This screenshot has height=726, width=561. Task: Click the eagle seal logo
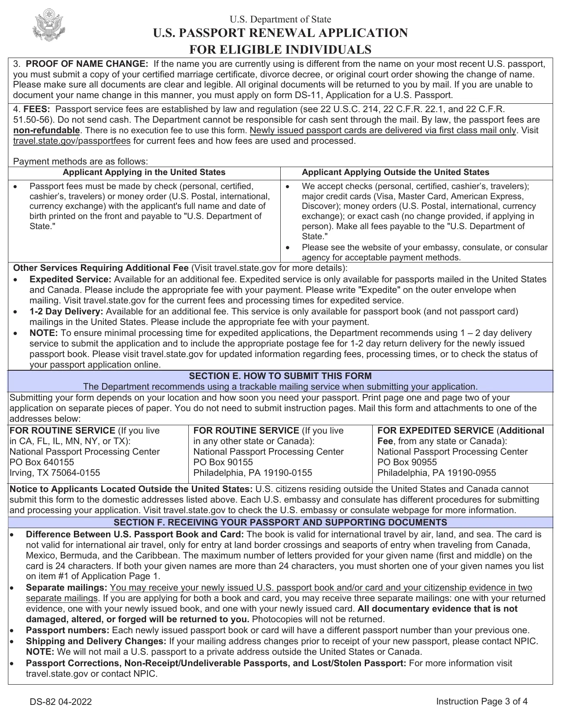[48, 25]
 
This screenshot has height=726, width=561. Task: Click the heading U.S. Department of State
[280, 19]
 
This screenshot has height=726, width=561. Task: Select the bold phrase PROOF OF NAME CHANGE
[87, 64]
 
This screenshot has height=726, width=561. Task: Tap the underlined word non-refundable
[47, 130]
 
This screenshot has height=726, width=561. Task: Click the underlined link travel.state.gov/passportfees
[72, 141]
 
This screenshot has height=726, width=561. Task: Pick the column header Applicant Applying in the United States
[144, 172]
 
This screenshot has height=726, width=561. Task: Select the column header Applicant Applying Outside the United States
[395, 172]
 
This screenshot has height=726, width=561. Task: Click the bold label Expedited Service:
[70, 279]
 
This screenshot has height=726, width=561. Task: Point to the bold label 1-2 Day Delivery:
[66, 311]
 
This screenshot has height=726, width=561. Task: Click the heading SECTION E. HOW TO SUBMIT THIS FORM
[280, 376]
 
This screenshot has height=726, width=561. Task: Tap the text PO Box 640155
[42, 462]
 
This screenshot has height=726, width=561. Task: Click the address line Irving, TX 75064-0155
[55, 473]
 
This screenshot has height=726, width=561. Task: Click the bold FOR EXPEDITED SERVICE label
[435, 430]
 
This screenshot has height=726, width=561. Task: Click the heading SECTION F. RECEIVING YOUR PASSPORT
[280, 522]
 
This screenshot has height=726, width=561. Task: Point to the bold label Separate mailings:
[66, 587]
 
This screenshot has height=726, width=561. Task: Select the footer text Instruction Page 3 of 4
[481, 701]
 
